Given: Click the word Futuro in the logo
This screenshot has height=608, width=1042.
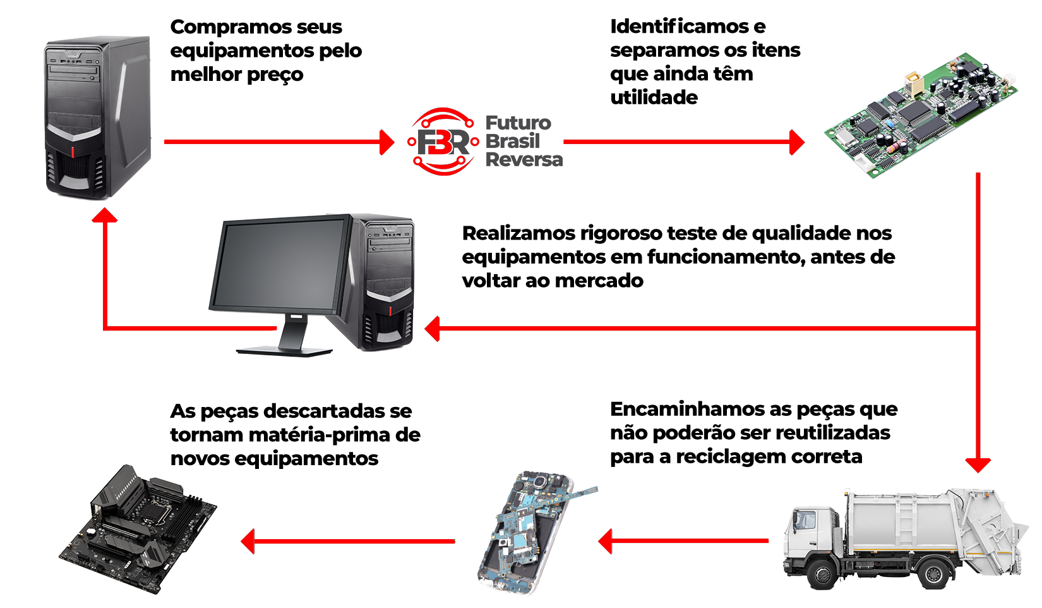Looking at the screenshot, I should point(518,123).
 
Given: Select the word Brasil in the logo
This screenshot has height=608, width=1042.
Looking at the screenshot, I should point(513,141).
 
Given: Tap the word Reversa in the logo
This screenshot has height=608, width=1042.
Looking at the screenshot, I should point(524,160).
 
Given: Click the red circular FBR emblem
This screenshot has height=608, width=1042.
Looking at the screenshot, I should point(444,142).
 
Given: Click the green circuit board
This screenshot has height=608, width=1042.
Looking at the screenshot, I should point(921,114).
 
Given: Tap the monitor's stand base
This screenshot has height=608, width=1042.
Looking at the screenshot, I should point(284,351).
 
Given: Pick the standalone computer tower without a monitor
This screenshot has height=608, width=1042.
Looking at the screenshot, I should point(98,117).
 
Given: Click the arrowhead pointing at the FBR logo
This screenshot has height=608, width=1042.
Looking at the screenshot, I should point(386,142).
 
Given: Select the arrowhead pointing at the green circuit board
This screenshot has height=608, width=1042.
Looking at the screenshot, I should point(797,142).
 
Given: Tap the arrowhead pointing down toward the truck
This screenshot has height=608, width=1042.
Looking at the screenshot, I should point(978,465).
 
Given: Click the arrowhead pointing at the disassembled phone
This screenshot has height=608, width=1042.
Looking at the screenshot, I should point(605,542).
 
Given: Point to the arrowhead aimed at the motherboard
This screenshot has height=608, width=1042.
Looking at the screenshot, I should point(248,542).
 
